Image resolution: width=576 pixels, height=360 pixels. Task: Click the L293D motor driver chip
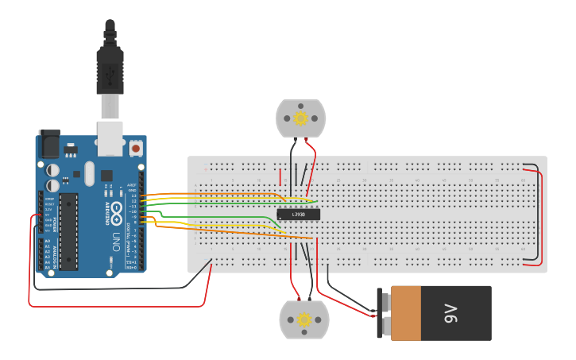coord(298,214)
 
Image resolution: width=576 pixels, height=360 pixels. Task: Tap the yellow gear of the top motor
coord(300,118)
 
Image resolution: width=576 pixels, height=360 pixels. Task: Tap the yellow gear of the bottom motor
coord(303,319)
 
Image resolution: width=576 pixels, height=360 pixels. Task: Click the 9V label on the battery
coord(450,313)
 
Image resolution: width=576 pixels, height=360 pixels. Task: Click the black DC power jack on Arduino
coord(48,144)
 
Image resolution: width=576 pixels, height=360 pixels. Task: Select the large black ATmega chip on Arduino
coord(69,230)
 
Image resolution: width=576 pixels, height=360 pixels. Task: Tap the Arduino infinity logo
coord(116,211)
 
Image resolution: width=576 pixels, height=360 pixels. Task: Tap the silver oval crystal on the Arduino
coord(89,172)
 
